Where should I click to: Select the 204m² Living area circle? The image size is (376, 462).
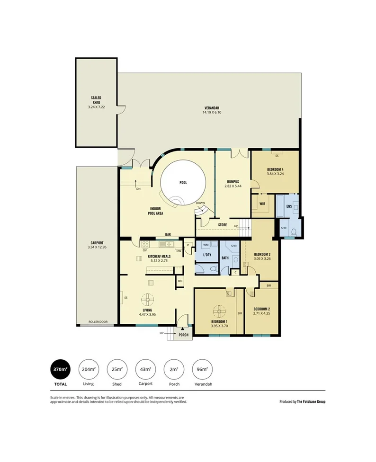coord(88,369)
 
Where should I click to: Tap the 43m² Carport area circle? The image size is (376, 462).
coord(145,369)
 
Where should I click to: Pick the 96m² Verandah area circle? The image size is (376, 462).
coord(203,369)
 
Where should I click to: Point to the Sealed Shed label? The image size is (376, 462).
coord(96,100)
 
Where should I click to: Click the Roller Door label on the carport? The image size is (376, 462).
coord(98,322)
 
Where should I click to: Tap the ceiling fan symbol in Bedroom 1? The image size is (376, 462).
coord(220,311)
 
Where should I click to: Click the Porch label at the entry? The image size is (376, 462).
coord(183,335)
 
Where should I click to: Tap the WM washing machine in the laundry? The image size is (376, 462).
coord(206,245)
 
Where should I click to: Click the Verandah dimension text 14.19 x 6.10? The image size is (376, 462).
coord(212,113)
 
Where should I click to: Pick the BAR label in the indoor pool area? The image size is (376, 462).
coord(168,234)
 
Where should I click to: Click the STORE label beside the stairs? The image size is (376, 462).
coord(222,225)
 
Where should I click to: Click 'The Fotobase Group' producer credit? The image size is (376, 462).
coord(311,402)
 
